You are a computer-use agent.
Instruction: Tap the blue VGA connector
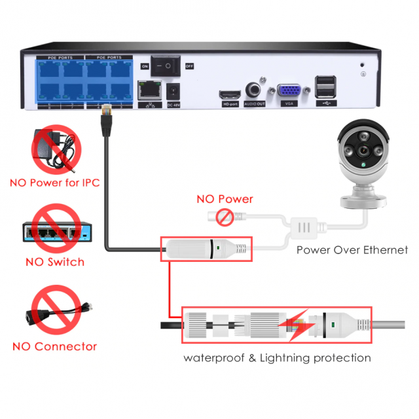[x=288, y=92]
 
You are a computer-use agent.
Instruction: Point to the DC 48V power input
[x=174, y=91]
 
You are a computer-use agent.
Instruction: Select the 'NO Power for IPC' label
[x=54, y=183]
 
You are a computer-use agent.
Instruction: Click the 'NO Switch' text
[x=55, y=262]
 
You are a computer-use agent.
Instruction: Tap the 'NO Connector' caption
[x=55, y=346]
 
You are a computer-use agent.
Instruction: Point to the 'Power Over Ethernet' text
[x=352, y=249]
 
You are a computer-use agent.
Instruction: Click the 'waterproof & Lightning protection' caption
[x=277, y=357]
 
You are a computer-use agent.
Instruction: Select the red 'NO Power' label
[x=225, y=199]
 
